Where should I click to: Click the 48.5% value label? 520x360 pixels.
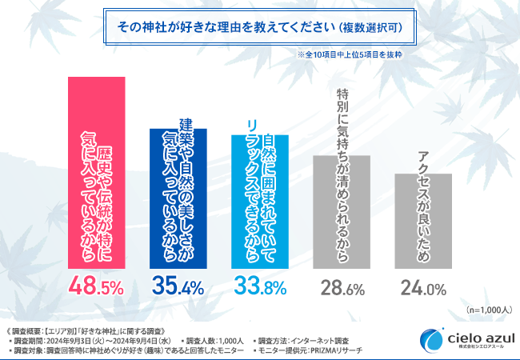point(95,286)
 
